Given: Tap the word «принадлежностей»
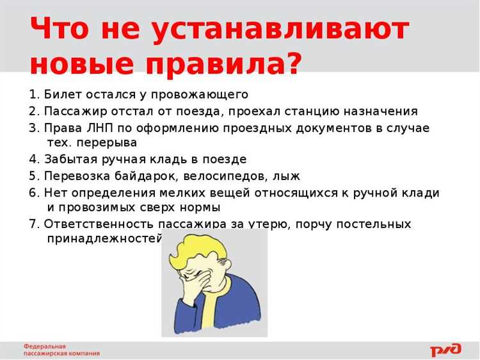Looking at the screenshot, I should pos(102,239).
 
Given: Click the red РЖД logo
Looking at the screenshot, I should pos(445,349).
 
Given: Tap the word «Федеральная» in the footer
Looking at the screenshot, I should pos(45,346).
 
